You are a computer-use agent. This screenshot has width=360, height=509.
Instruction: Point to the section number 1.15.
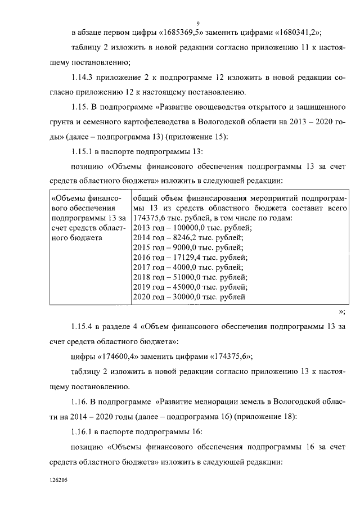pos(81,107)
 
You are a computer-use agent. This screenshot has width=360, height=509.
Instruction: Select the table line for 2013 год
pos(192,228)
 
